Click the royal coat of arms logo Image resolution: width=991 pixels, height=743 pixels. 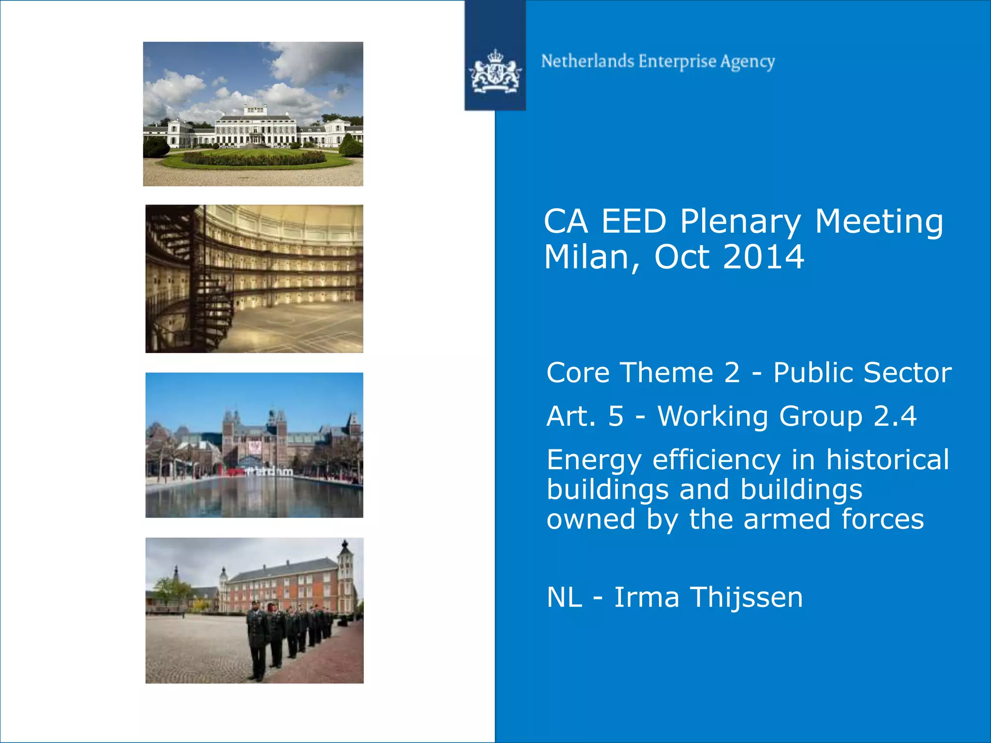tap(495, 72)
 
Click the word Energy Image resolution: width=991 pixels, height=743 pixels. tap(594, 461)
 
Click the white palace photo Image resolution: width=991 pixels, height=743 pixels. tap(253, 114)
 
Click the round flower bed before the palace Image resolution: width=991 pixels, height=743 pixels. tap(255, 157)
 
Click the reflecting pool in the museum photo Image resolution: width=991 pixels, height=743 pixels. tap(254, 498)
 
